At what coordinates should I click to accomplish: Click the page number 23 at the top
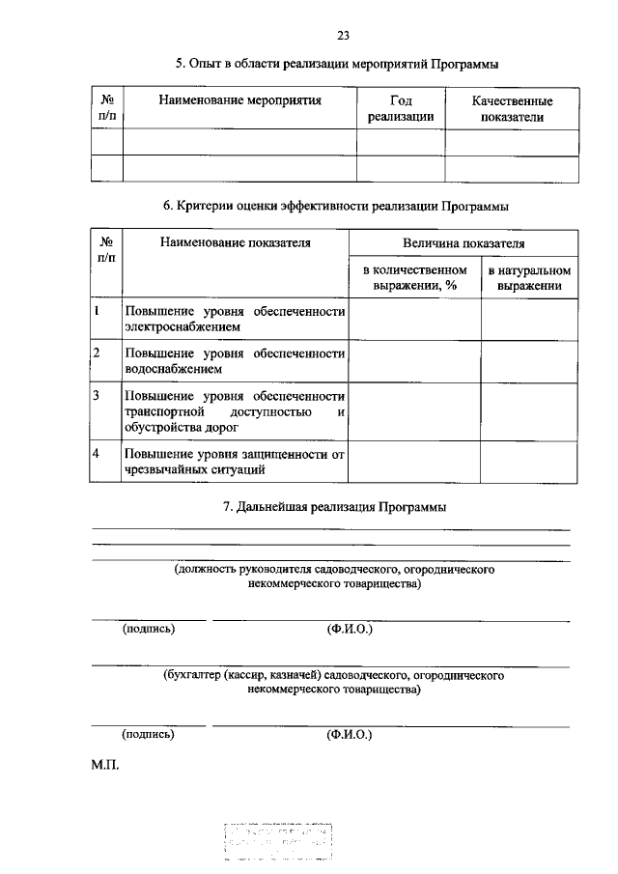pos(342,37)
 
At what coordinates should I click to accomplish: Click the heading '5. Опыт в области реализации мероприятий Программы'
pos(337,65)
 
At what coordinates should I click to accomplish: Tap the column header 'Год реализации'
pos(401,108)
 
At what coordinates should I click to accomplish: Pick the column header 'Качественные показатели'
pos(512,108)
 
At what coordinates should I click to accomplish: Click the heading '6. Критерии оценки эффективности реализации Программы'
pos(336,206)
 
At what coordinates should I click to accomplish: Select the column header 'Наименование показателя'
pos(236,243)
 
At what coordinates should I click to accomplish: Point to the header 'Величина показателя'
pos(463,244)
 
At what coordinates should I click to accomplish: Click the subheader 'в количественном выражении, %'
pos(414,278)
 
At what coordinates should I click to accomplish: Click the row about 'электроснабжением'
pos(235,319)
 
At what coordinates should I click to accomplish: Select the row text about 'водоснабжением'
pos(235,360)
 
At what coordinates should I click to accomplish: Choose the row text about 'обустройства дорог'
pos(235,411)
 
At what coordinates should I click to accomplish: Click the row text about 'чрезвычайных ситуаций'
pos(235,462)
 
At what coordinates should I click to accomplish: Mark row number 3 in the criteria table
pos(97,396)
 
